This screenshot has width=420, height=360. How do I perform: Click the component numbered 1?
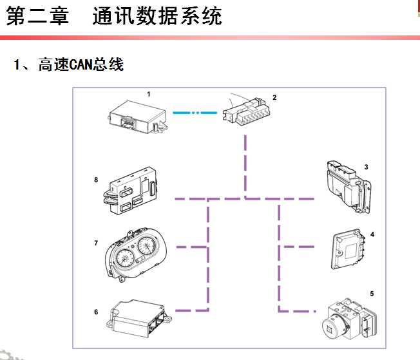pyautogui.click(x=137, y=117)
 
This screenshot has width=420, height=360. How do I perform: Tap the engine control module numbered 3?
pyautogui.click(x=348, y=187)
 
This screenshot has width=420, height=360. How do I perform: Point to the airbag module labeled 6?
pyautogui.click(x=138, y=318)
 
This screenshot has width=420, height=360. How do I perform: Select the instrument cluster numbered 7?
pyautogui.click(x=135, y=254)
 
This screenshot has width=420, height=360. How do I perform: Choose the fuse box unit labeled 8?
pyautogui.click(x=131, y=191)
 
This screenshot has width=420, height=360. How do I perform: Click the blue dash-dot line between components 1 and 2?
pyautogui.click(x=195, y=113)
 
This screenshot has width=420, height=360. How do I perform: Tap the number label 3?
pyautogui.click(x=366, y=167)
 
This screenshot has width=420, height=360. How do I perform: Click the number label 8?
pyautogui.click(x=96, y=180)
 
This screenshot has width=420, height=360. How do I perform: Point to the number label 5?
pyautogui.click(x=372, y=294)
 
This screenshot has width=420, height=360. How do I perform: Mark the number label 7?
pyautogui.click(x=96, y=243)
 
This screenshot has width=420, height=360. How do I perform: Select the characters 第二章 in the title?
pyautogui.click(x=37, y=16)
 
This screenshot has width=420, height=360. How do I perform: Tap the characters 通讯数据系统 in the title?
pyautogui.click(x=157, y=16)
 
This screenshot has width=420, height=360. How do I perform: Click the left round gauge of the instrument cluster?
pyautogui.click(x=125, y=258)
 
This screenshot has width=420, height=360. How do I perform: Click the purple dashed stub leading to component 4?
pyautogui.click(x=299, y=247)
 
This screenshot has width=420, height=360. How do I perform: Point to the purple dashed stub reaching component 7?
pyautogui.click(x=192, y=247)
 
